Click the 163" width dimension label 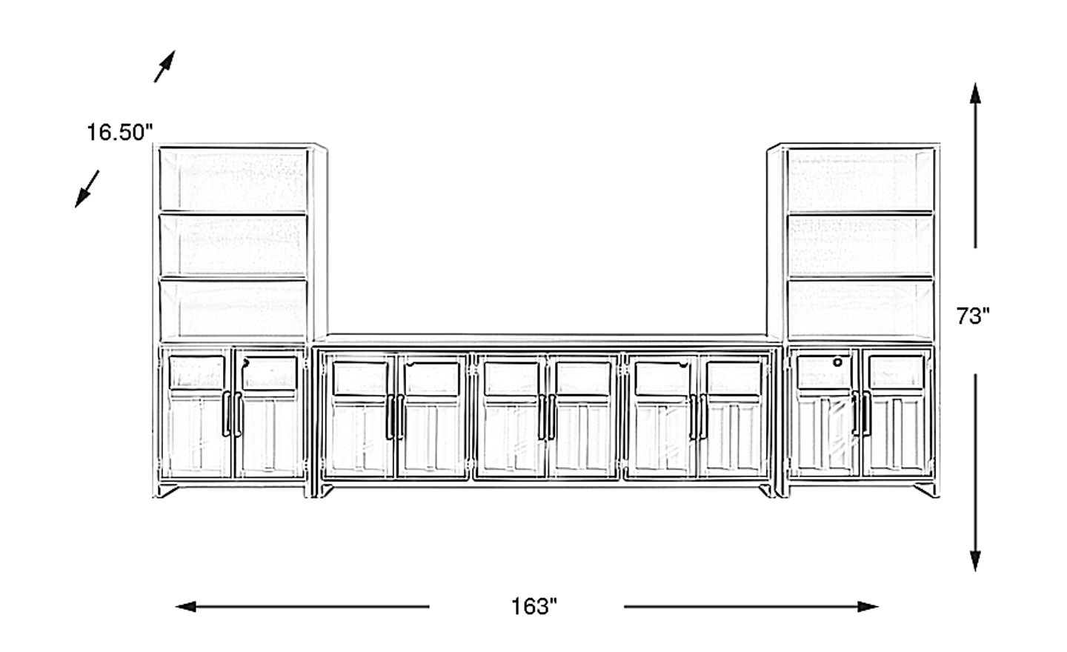point(533,607)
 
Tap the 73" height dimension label point(973,316)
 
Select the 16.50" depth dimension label point(119,133)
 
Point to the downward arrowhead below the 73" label point(976,560)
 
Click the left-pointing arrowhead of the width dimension point(185,607)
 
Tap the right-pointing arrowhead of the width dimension point(868,607)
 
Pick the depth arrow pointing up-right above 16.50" point(164,66)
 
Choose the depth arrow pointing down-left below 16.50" point(87,188)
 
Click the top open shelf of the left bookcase point(233,182)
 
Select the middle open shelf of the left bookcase point(233,245)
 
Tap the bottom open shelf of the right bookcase point(860,308)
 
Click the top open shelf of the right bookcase point(860,182)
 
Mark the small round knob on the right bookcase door point(838,362)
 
